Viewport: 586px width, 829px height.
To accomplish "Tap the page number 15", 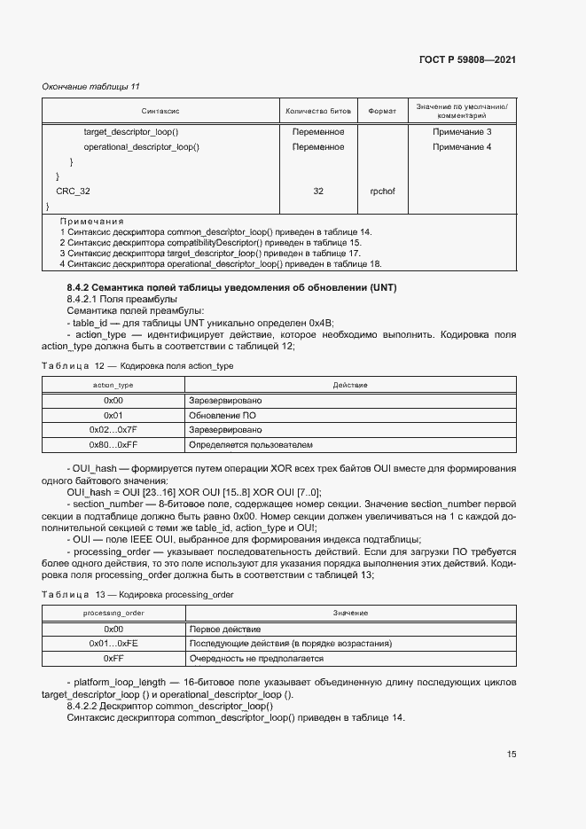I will pos(512,755).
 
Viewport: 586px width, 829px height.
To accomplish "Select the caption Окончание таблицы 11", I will pos(91,86).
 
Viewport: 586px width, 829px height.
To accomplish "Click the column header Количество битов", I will pos(317,112).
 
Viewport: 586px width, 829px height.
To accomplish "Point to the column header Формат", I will pos(381,112).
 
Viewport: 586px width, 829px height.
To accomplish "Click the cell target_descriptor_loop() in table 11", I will pos(131,132).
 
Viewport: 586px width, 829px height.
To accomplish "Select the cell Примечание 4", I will pos(462,147).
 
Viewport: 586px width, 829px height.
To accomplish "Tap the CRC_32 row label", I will pos(73,191).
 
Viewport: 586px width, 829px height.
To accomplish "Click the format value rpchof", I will pos(381,191).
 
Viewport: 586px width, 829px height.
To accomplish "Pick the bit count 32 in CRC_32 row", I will pos(317,191).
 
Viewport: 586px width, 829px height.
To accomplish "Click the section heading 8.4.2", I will pos(232,287).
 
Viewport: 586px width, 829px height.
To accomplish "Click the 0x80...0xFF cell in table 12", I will pos(113,443).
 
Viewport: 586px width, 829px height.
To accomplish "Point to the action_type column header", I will pos(113,386).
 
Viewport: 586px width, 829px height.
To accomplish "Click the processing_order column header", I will pos(113,614).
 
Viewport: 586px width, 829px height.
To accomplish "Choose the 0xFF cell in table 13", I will pos(113,659).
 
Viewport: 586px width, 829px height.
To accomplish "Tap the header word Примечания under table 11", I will pos(91,221).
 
